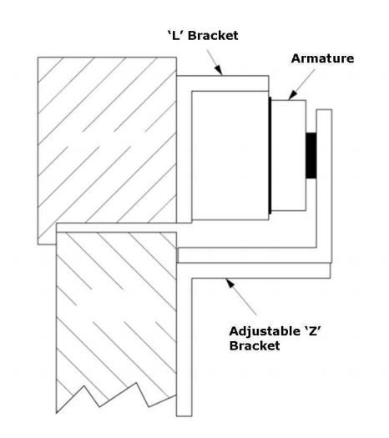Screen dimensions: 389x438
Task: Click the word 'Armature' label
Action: click(x=322, y=58)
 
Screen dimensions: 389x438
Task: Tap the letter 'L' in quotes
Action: click(x=175, y=36)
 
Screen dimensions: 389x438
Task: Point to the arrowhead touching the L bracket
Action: click(x=219, y=70)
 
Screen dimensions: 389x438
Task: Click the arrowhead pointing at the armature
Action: click(x=292, y=95)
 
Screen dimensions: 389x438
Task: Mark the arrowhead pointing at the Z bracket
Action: click(x=230, y=283)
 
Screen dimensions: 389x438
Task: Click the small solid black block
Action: click(x=311, y=155)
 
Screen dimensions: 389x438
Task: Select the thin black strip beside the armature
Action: click(x=270, y=155)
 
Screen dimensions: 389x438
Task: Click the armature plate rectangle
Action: click(x=289, y=155)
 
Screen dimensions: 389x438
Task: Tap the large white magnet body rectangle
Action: click(x=230, y=155)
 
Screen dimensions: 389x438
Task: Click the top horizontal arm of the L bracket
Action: click(x=223, y=83)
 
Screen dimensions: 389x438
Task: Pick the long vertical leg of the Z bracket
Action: click(x=184, y=340)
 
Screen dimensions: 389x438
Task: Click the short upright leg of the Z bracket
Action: click(x=324, y=186)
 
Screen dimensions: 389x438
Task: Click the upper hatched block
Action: click(x=107, y=139)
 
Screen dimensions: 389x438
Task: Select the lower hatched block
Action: click(x=116, y=315)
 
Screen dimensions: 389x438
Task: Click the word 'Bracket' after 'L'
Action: click(x=213, y=36)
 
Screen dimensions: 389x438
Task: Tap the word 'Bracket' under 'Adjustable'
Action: click(x=255, y=346)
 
